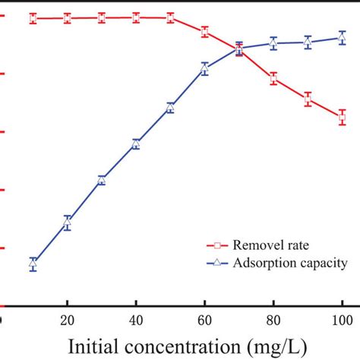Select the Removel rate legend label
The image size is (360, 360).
tap(271, 245)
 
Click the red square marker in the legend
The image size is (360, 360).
tap(216, 245)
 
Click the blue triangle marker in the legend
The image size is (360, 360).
tap(216, 263)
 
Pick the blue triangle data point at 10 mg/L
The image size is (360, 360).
tap(33, 264)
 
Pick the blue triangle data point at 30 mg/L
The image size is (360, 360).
tap(102, 180)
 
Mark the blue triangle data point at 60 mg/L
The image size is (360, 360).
tap(204, 68)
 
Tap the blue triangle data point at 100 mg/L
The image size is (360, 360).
tap(342, 36)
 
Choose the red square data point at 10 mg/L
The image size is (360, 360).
tap(33, 18)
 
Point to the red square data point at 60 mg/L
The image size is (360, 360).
tap(204, 32)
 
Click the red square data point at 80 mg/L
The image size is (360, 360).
tap(273, 78)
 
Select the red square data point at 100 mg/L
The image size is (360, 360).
tap(342, 117)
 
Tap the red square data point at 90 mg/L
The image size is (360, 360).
tap(308, 99)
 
